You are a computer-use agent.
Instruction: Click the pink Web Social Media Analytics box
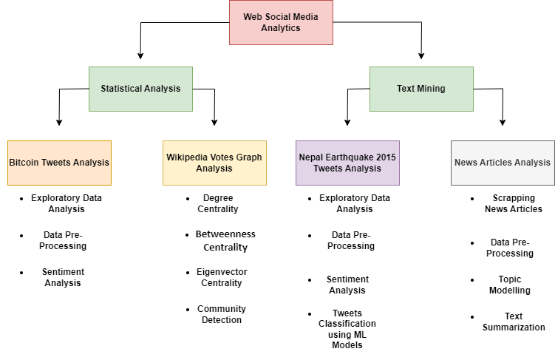281,22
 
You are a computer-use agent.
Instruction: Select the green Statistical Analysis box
140,89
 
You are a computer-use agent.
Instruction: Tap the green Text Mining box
421,89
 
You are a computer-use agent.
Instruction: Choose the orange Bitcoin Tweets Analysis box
59,163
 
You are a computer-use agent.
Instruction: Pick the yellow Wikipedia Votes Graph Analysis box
214,163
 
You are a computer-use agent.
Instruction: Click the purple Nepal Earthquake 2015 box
347,163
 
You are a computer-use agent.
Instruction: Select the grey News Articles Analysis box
503,163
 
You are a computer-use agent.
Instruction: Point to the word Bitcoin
24,163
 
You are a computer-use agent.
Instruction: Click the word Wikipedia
188,157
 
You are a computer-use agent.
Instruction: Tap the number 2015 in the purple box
385,157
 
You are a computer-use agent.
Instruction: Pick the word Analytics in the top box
281,28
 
